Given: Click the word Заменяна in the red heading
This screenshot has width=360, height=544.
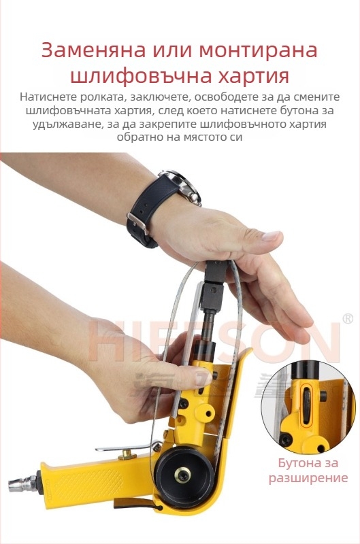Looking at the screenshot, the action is click(93, 50).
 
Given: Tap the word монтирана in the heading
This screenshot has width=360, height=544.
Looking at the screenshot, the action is click(258, 50).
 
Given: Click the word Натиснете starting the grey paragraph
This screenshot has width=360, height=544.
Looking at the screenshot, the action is click(48, 97).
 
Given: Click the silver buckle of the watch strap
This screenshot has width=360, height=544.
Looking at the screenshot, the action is click(137, 222).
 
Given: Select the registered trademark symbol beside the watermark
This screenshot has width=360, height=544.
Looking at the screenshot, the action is click(348, 318).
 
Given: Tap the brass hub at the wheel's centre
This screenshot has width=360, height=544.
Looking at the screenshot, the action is click(182, 475).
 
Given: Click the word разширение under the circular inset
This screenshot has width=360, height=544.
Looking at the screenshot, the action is click(308, 478).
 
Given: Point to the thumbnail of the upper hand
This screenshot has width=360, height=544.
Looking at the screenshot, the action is click(271, 236).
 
